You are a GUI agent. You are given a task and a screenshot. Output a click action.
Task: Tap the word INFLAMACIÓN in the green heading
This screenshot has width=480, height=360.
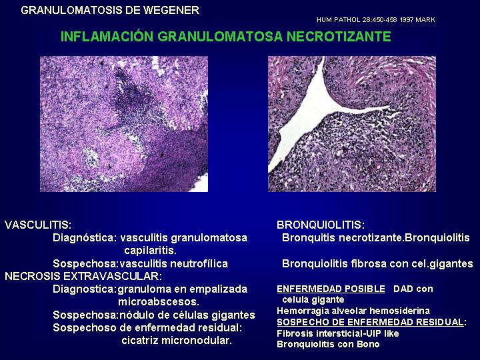click(x=107, y=37)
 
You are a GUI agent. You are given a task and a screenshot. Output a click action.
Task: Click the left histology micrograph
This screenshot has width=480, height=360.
click(x=124, y=124)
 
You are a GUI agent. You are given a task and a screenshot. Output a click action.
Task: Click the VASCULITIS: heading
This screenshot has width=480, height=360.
click(x=38, y=225)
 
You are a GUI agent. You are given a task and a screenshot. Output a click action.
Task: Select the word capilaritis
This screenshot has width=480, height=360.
click(x=150, y=251)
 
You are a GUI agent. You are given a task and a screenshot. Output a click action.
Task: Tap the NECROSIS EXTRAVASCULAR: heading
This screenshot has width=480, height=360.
click(x=83, y=276)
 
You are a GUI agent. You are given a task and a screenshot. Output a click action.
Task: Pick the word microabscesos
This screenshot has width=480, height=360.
click(x=159, y=302)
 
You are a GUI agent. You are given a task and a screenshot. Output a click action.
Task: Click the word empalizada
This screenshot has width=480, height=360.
click(x=215, y=289)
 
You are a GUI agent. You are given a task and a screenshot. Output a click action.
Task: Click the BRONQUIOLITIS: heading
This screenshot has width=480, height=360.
click(x=321, y=225)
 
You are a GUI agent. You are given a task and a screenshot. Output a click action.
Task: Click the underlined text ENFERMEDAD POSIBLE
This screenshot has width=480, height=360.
click(x=331, y=289)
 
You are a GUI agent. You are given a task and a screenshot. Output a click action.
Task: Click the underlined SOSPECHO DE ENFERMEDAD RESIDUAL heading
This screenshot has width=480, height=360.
click(x=371, y=322)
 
